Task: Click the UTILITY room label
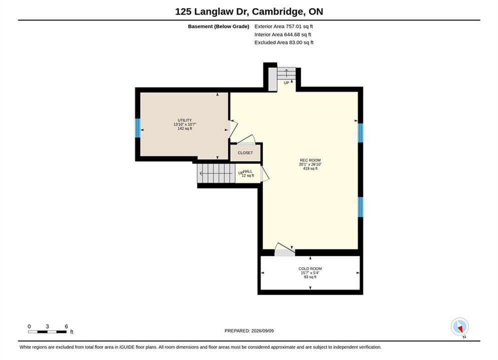point(185,120)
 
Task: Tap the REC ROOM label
point(310,160)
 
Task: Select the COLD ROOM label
point(310,268)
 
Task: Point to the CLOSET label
point(246,153)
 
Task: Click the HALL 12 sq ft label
point(247,173)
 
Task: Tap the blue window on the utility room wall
point(138,128)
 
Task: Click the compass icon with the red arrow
point(459,326)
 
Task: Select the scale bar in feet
point(48,332)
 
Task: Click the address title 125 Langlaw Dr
point(213,11)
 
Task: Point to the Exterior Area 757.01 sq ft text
point(284,26)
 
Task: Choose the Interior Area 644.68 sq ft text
point(283,34)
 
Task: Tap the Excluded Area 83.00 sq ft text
point(284,42)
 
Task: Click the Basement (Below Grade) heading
point(219,26)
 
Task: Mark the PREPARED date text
point(249,331)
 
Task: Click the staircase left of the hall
point(216,173)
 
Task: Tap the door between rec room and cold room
point(285,249)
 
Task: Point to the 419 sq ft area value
point(310,168)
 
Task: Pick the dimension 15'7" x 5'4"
point(310,273)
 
